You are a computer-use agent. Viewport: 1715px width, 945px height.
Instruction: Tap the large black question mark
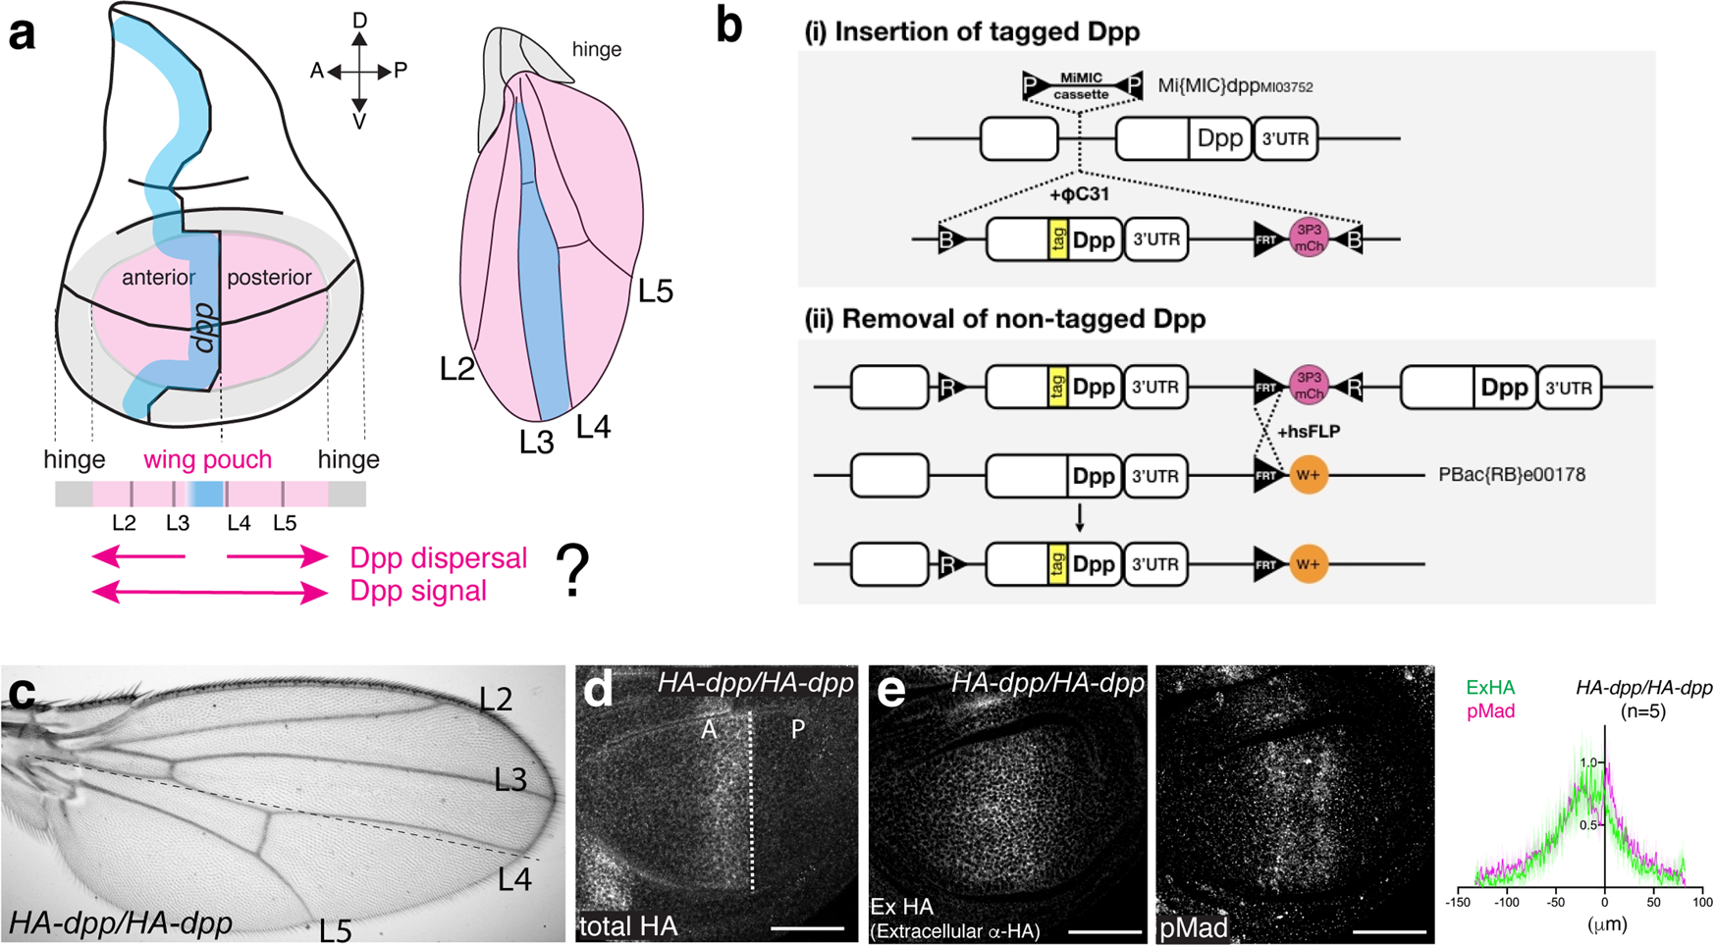[573, 572]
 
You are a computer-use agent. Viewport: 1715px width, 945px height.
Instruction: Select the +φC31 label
[1080, 194]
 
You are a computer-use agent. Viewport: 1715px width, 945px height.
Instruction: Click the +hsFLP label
[1308, 431]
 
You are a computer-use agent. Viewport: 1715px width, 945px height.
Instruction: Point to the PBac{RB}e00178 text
[1511, 475]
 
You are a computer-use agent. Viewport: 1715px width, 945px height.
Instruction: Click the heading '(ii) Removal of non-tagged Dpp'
[1004, 319]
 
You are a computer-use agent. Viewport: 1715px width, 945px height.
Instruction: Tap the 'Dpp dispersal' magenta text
[439, 557]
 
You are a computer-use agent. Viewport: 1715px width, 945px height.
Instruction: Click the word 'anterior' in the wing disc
[158, 278]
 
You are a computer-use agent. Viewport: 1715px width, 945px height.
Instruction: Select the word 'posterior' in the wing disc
[269, 278]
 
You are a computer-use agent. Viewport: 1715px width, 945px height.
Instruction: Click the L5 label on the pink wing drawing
[655, 291]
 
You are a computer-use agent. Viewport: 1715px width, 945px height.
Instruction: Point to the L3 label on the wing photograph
[510, 780]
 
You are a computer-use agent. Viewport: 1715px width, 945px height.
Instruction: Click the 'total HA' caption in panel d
[627, 925]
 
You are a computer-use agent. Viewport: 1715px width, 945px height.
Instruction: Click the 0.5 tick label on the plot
[1590, 825]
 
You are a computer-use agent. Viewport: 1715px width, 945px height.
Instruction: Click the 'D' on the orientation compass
[360, 21]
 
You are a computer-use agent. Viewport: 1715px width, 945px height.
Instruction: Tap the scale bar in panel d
[807, 927]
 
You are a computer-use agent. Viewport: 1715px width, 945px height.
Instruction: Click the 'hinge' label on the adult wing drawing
[596, 49]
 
